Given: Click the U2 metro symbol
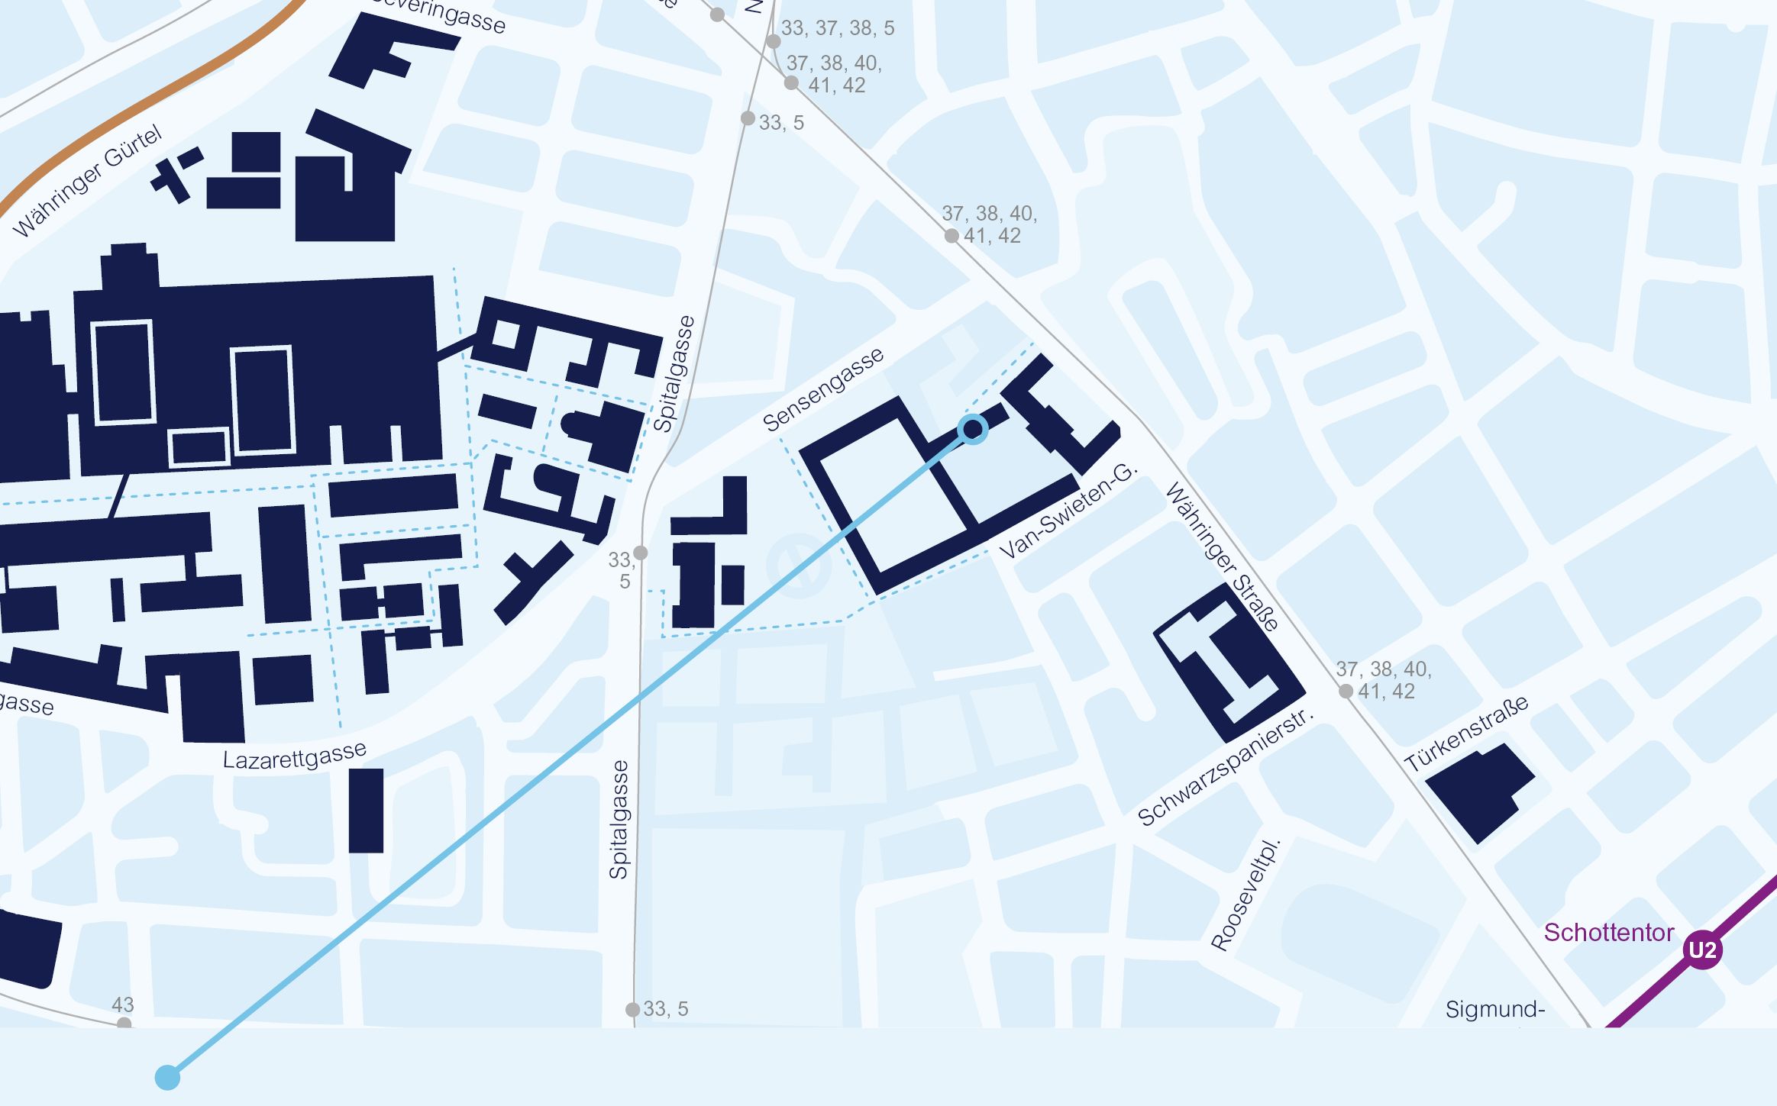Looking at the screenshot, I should point(1701,950).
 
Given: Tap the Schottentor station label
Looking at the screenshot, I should point(1608,933).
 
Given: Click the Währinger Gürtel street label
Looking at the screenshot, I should point(88,182).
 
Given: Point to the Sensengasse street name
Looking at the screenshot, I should point(823,389).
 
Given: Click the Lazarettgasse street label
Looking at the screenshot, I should point(294,756).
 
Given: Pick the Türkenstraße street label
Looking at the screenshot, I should point(1466,734).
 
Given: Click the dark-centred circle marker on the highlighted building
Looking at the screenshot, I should point(973,430).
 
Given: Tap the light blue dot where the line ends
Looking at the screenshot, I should point(167,1078).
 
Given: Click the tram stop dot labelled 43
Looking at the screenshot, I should point(124,1024).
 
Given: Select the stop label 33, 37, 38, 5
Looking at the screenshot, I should point(837,28).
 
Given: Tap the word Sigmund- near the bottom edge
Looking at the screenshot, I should point(1494,1010).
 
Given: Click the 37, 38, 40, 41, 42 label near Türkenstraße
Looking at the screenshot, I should point(1383,680).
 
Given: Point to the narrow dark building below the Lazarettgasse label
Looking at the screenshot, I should point(366,811).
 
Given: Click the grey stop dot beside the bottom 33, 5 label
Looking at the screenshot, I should point(632,1010).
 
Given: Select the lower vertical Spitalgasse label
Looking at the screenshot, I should point(619,820).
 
